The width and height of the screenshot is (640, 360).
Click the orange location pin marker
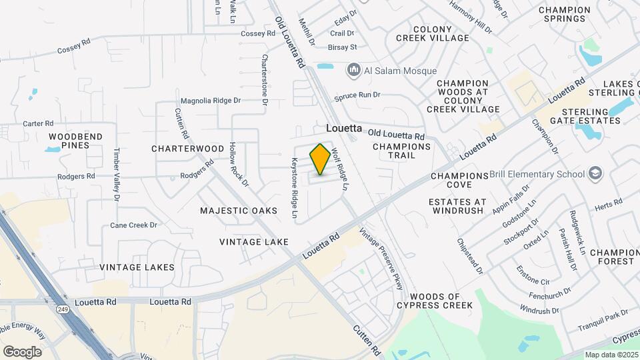[320, 159]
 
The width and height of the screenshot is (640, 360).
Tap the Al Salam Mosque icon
[353, 70]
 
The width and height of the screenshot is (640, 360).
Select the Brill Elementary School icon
[595, 175]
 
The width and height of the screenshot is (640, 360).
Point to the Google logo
[22, 351]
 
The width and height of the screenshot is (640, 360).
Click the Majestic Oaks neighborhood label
[239, 211]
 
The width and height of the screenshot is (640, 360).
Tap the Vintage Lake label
[254, 241]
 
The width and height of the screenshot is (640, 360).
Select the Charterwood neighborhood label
[187, 148]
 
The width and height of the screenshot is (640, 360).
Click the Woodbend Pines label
[75, 141]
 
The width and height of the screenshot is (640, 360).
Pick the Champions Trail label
[403, 151]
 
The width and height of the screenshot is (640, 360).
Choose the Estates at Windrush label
[457, 206]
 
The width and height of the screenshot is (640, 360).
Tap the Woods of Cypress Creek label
[441, 301]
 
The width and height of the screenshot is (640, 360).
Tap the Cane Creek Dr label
[133, 225]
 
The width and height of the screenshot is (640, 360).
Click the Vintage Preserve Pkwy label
[382, 259]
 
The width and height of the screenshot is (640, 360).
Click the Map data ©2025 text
[611, 354]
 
